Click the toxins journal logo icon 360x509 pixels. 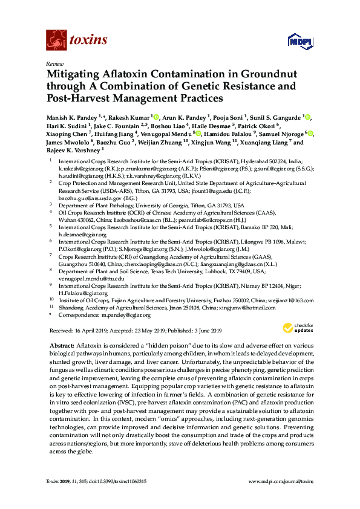tap(56, 40)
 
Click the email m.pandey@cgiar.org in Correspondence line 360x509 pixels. tap(125, 315)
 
